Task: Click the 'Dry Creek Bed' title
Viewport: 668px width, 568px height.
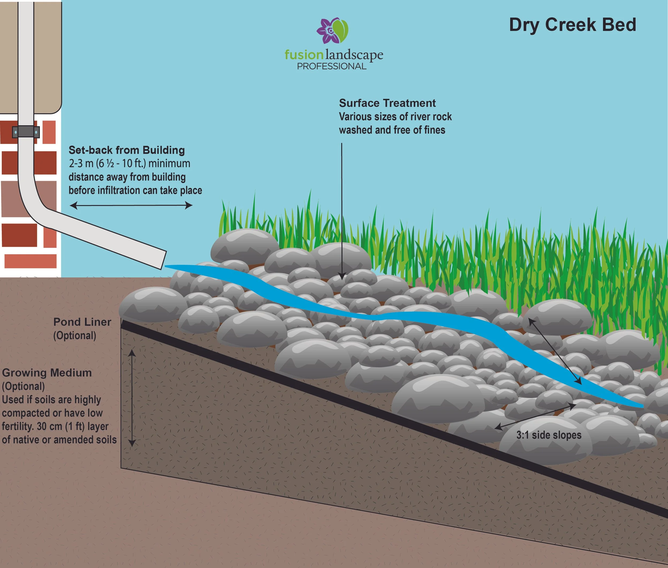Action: (572, 25)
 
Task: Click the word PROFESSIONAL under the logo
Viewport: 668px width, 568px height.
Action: (332, 66)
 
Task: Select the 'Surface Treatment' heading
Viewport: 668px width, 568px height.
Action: (387, 103)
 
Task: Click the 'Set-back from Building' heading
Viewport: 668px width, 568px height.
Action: (126, 150)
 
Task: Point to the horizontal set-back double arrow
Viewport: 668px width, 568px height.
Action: (131, 205)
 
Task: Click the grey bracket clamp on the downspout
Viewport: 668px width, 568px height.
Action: (26, 132)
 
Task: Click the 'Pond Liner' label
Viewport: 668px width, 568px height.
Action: (82, 322)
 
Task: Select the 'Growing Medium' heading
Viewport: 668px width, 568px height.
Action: (47, 373)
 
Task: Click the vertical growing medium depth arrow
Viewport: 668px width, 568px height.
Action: (132, 398)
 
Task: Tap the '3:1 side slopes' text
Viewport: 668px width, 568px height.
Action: (549, 435)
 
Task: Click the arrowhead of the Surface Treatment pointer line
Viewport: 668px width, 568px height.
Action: (341, 277)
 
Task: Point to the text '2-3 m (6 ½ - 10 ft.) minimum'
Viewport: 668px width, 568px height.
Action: (129, 164)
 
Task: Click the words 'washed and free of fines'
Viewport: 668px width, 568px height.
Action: (392, 130)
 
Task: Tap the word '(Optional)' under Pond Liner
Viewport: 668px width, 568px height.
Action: (75, 335)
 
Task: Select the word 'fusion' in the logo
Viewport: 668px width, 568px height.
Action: (304, 55)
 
